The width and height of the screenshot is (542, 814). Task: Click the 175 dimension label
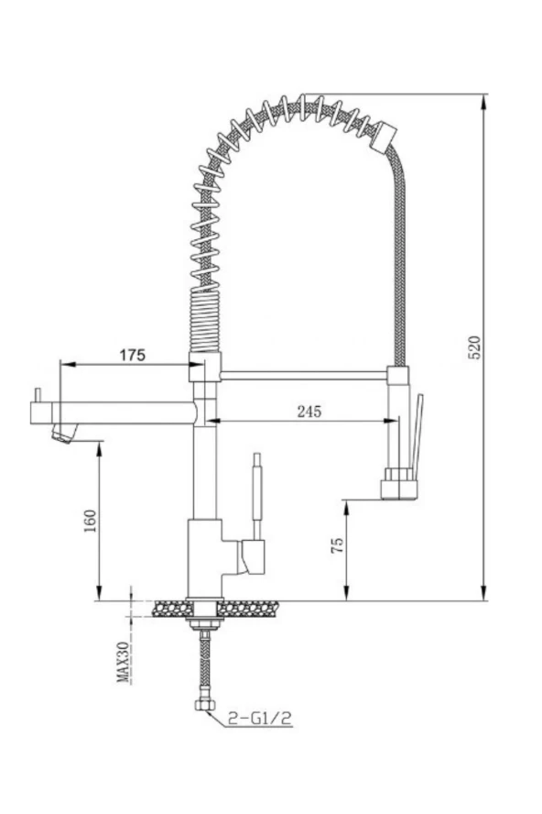tap(133, 355)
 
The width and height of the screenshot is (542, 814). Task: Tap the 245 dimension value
tap(309, 412)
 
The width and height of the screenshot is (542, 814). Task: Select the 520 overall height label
tap(475, 347)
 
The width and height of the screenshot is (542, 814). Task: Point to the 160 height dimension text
tap(91, 521)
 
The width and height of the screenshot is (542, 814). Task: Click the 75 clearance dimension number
tap(337, 544)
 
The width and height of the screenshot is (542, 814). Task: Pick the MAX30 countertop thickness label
tap(124, 661)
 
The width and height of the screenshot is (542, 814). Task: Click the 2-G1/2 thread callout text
tap(259, 719)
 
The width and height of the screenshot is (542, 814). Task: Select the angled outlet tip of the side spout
tap(64, 433)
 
